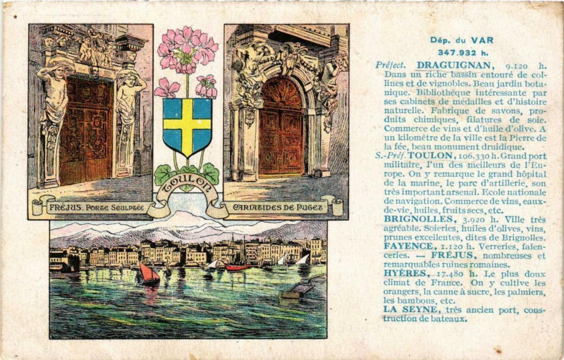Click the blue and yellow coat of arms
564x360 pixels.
187,126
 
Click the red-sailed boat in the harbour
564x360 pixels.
149,273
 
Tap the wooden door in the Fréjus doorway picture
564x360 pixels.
87,130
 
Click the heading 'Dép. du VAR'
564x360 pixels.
455,40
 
